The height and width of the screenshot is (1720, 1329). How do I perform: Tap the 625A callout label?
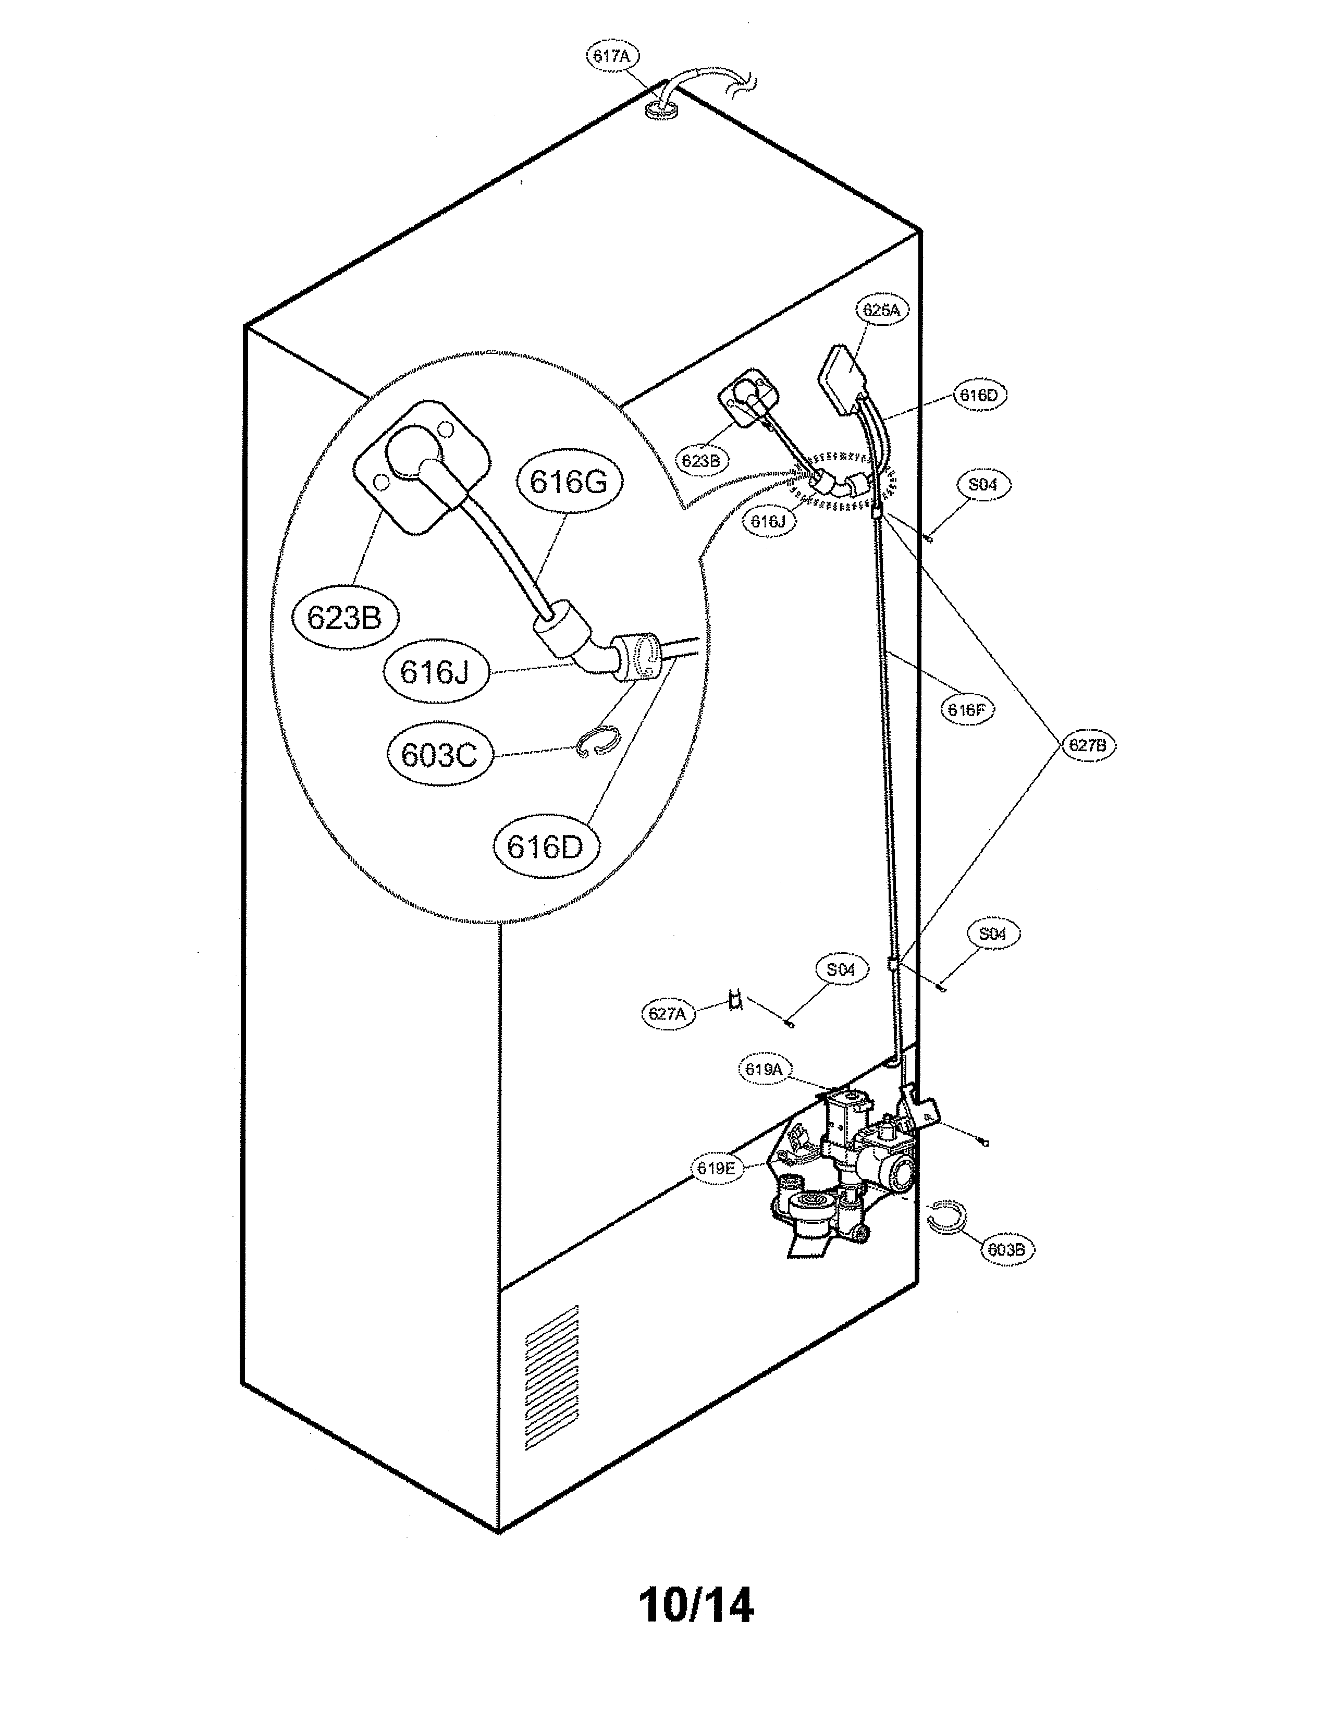881,310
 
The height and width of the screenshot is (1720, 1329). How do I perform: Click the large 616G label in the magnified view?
569,481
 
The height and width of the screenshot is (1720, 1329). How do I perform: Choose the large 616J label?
435,672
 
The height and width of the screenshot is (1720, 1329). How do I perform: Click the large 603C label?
438,755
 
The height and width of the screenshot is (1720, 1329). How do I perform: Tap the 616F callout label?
967,709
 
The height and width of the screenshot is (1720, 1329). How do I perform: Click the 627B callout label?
1087,745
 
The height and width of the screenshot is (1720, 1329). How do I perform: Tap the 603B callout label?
1006,1249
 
